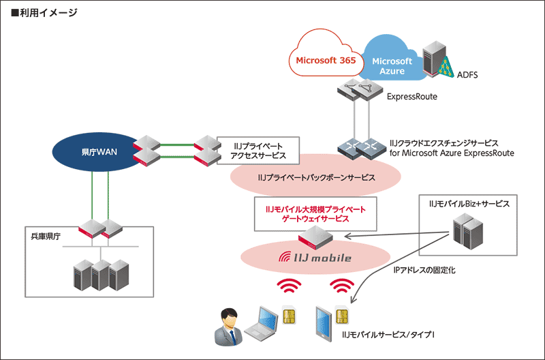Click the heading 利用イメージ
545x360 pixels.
(44, 13)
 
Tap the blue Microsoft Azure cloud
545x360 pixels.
(392, 65)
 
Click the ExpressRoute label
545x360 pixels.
(411, 97)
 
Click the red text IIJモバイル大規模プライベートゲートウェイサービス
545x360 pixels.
(310, 213)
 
